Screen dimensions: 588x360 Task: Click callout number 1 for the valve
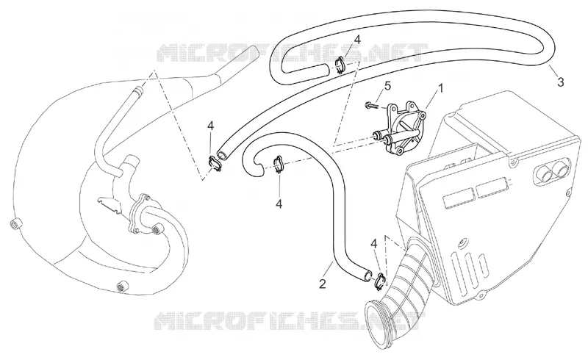click(x=441, y=88)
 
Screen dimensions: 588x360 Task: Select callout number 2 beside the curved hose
click(x=323, y=284)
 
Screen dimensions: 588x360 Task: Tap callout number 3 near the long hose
click(x=560, y=82)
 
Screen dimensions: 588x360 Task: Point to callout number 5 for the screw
click(x=387, y=85)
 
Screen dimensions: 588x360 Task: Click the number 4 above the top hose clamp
click(x=357, y=40)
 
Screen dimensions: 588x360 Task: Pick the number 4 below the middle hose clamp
click(x=279, y=204)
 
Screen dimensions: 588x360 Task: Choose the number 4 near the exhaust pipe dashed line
click(x=211, y=126)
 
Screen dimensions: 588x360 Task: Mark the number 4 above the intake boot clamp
click(x=373, y=244)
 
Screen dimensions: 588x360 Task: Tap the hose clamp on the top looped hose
click(x=340, y=65)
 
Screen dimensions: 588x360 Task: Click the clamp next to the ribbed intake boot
click(x=380, y=281)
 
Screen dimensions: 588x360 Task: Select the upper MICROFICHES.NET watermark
click(x=291, y=52)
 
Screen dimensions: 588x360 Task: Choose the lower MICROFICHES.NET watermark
click(x=290, y=321)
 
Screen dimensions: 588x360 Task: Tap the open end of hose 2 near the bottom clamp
click(x=367, y=276)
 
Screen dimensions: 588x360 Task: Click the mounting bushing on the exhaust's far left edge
click(x=15, y=224)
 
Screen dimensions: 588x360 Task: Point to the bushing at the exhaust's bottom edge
click(x=122, y=286)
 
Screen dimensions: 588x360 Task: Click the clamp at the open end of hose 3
click(x=215, y=164)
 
